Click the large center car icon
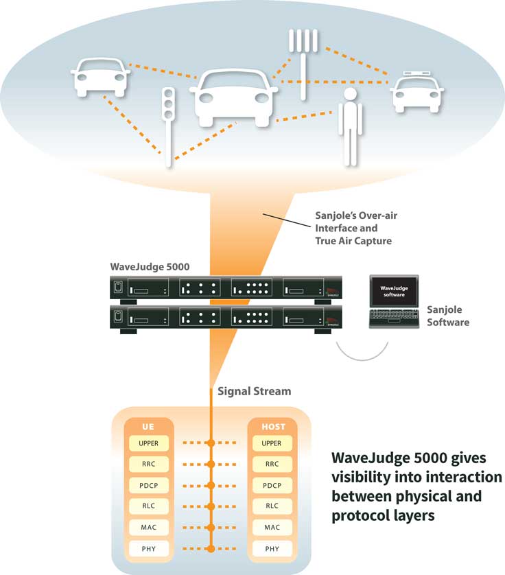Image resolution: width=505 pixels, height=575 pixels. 233,96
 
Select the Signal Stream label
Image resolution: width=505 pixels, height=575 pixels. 254,391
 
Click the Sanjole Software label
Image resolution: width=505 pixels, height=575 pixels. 448,316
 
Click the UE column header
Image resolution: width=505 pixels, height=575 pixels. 148,427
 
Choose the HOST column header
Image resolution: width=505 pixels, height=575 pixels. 272,427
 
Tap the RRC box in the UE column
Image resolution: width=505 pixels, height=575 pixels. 148,465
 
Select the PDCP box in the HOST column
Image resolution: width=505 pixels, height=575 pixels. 272,486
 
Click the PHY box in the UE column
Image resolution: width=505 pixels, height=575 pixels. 148,549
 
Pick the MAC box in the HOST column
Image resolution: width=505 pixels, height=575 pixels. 272,528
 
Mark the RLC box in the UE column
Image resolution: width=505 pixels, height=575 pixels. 148,507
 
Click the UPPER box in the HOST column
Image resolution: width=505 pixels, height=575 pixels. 272,444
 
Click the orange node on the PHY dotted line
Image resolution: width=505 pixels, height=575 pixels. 211,549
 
